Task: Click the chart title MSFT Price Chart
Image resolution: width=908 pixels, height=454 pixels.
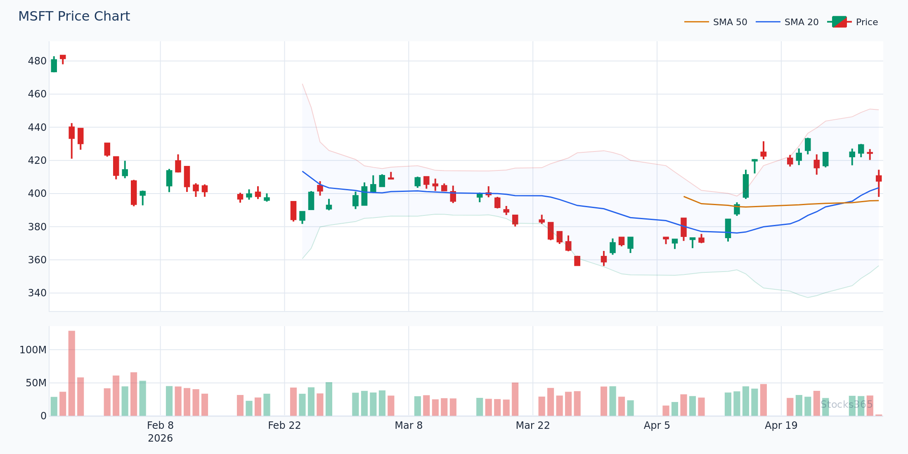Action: [74, 17]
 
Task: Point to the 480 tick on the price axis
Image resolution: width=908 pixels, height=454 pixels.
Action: [37, 61]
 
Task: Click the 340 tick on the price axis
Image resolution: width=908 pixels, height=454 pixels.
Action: [37, 293]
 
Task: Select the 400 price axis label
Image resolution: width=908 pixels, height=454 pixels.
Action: [37, 194]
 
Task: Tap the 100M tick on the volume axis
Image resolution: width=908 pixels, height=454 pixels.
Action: [33, 350]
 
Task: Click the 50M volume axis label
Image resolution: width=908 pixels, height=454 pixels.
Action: [36, 383]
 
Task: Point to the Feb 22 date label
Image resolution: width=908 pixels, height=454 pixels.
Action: [284, 426]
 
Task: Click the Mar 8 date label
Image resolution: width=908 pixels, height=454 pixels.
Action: [409, 426]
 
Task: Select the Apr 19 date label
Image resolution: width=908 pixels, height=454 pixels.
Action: [781, 426]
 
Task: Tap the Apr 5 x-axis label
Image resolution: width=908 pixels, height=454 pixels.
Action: [657, 426]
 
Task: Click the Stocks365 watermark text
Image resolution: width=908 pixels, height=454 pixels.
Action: [847, 404]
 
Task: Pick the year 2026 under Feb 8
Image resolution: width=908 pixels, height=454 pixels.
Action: [160, 438]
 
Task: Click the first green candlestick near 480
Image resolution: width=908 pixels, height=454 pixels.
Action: [54, 66]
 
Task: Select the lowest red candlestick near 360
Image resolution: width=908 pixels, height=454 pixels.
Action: [577, 261]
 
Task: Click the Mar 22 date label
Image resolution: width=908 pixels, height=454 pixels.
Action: [533, 426]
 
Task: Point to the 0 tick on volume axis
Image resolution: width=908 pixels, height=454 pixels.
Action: [43, 416]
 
